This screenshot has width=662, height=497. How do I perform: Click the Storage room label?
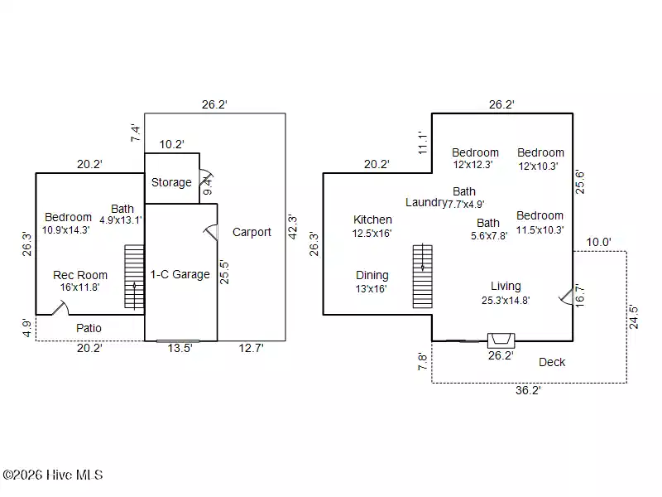[x=171, y=182]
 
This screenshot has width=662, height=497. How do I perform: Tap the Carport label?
[x=252, y=232]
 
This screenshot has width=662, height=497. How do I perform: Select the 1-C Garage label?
[x=180, y=275]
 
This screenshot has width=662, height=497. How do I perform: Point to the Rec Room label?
[x=80, y=275]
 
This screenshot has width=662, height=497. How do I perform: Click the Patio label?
[x=89, y=328]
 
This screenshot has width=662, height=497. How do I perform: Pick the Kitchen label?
[x=372, y=220]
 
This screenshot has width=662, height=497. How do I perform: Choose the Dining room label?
[x=372, y=276]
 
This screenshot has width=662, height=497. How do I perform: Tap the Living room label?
[x=506, y=286]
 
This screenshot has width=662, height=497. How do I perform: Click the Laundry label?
[x=426, y=202]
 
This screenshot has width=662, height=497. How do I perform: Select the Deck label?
[x=552, y=362]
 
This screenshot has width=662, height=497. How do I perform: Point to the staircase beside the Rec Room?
[x=134, y=277]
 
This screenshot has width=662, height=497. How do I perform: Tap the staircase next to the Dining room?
[x=423, y=276]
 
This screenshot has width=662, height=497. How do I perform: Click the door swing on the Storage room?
[x=206, y=177]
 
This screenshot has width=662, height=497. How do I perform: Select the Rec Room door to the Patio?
[x=60, y=307]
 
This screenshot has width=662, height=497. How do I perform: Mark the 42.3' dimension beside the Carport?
[x=293, y=227]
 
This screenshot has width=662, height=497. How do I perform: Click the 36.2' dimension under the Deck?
[x=528, y=390]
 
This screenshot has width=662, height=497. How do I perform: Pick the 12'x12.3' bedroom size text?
[x=473, y=165]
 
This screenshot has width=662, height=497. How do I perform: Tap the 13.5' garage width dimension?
[x=180, y=348]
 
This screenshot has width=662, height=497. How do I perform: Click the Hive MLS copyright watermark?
[x=53, y=475]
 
